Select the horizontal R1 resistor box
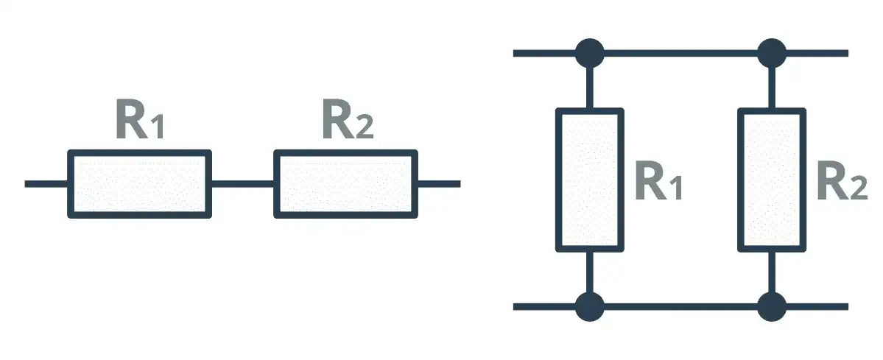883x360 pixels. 140,183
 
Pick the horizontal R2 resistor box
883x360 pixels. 345,183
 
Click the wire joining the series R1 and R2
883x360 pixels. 242,183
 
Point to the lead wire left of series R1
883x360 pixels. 46,183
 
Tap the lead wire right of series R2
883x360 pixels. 438,183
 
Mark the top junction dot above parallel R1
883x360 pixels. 589,53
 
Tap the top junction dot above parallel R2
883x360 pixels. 772,53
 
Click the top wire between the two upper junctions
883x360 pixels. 680,53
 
